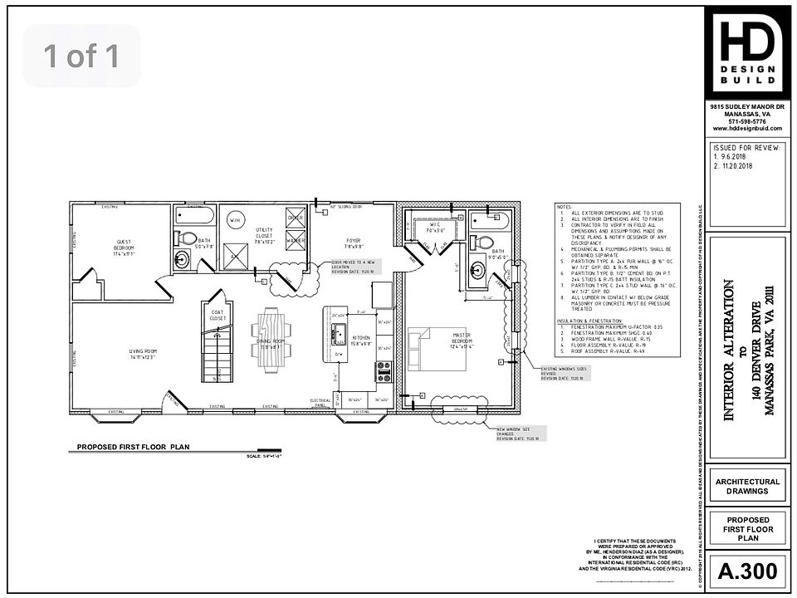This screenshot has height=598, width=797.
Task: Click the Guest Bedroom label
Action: [125, 248]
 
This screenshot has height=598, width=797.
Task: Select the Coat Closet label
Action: [218, 315]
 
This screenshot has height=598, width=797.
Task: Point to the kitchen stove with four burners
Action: [384, 371]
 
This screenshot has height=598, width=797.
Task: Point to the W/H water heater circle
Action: [235, 221]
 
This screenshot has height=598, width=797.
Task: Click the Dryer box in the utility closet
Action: [296, 218]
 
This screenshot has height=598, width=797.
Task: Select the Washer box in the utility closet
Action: [296, 240]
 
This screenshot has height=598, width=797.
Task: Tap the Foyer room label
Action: [354, 243]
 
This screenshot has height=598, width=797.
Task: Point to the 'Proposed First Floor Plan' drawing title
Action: [134, 447]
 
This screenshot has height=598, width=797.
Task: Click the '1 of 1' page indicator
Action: [81, 56]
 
